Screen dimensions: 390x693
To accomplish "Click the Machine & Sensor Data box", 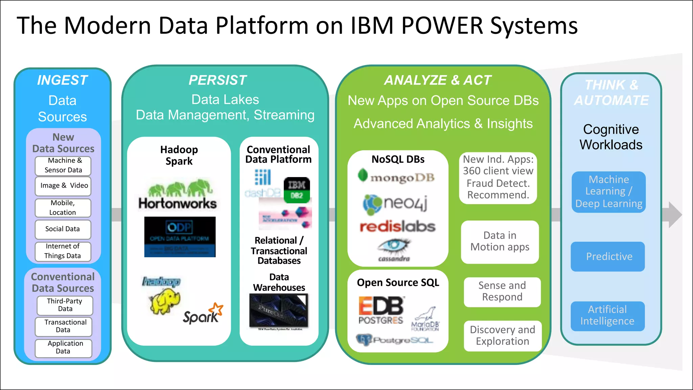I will pyautogui.click(x=63, y=166).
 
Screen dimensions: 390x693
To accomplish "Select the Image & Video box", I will pyautogui.click(x=63, y=186).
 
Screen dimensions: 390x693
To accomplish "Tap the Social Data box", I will pyautogui.click(x=63, y=229).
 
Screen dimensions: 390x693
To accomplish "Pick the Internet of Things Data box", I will pyautogui.click(x=63, y=251).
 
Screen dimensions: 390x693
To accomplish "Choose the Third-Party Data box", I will pyautogui.click(x=65, y=305).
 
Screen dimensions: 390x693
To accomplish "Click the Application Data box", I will pyautogui.click(x=64, y=348).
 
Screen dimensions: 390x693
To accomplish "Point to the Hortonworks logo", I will pyautogui.click(x=178, y=194).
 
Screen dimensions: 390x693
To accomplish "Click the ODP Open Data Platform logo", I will pyautogui.click(x=180, y=237).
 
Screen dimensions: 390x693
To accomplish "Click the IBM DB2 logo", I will pyautogui.click(x=296, y=190).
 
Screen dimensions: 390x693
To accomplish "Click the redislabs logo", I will pyautogui.click(x=397, y=227).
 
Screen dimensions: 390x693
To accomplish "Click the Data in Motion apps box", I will pyautogui.click(x=499, y=242).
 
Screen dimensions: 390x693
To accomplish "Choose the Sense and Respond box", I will pyautogui.click(x=502, y=291).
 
